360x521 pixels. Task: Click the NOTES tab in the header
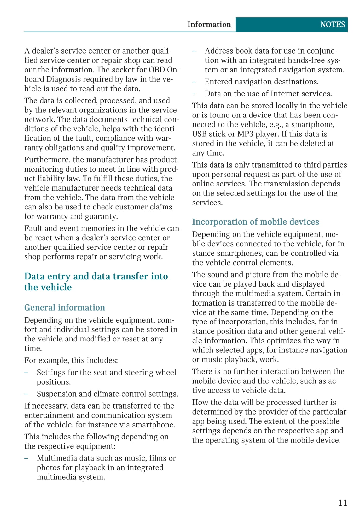[332, 25]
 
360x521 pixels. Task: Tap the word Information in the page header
[209, 25]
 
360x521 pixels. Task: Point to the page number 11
[342, 503]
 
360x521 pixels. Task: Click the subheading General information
[65, 307]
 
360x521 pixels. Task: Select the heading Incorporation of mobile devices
[255, 222]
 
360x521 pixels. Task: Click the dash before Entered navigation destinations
[194, 82]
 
